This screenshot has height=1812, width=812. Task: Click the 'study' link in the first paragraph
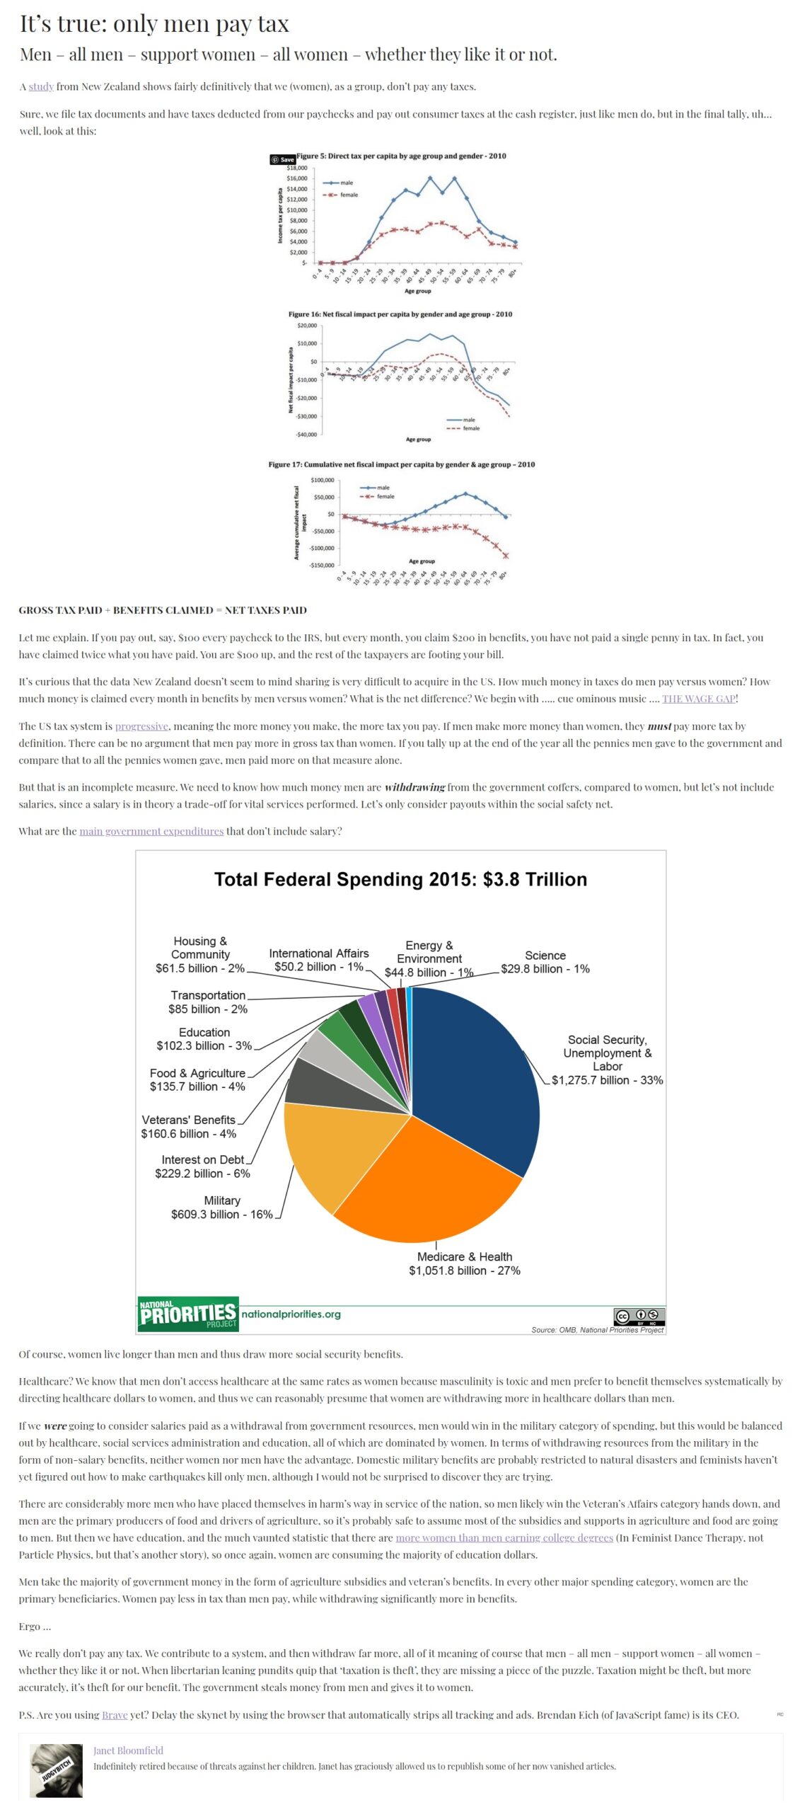click(41, 86)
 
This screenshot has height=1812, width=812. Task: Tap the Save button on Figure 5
click(282, 159)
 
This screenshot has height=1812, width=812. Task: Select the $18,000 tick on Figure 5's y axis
click(297, 168)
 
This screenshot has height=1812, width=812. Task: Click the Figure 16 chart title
click(400, 314)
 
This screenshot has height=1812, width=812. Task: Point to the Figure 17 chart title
click(401, 464)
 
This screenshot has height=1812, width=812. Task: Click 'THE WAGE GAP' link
click(698, 699)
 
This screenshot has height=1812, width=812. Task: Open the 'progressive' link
click(141, 726)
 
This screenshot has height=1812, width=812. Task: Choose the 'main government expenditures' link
click(151, 831)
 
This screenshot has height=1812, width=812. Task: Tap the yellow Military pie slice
click(332, 1147)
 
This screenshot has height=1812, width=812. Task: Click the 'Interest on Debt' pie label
click(203, 1166)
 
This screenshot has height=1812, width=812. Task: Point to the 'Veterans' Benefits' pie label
click(189, 1127)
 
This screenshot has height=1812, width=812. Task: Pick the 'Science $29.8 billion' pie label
click(545, 962)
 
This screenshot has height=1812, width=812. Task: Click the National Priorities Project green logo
click(187, 1314)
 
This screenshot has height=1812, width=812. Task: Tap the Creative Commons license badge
click(639, 1317)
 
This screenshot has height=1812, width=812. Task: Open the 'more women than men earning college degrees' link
click(504, 1538)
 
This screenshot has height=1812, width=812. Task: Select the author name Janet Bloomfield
click(128, 1750)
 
